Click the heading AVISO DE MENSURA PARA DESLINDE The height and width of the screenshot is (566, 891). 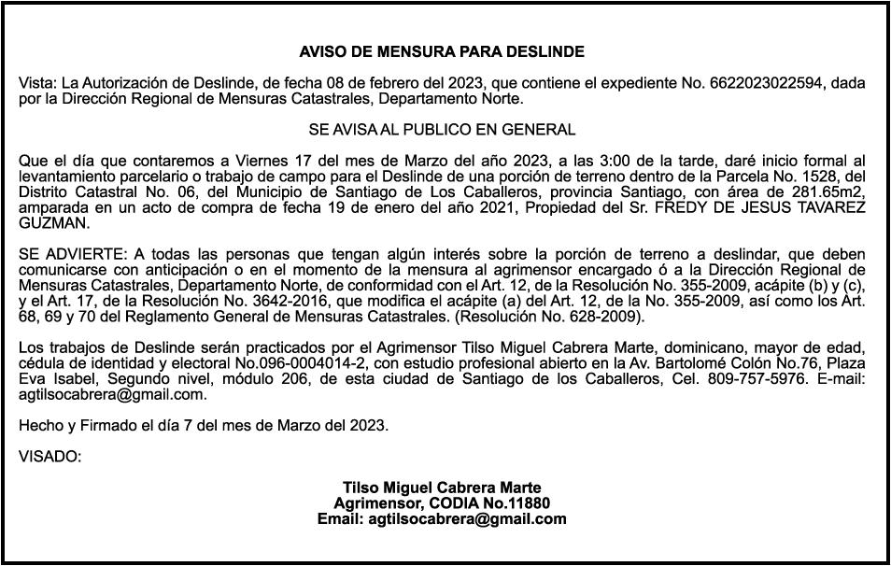pos(442,51)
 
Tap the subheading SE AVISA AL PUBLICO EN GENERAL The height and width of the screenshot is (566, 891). pos(442,129)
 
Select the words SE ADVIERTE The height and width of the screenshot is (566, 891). pos(72,253)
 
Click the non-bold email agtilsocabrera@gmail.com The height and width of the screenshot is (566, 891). pos(112,394)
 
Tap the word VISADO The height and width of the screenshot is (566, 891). pos(49,457)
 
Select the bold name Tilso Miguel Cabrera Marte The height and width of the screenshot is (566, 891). pos(442,488)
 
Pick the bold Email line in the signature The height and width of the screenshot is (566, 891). pos(442,519)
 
